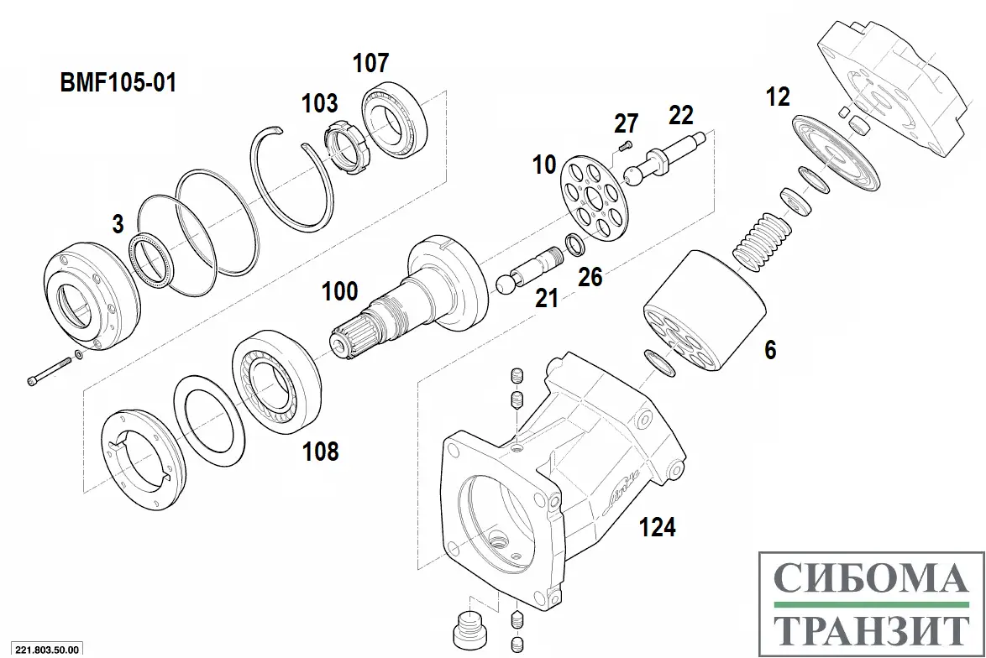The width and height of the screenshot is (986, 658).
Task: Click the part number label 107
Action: pos(370,63)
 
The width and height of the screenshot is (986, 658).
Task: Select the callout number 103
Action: pos(320,103)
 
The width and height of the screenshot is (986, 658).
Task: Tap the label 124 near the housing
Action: pos(657,527)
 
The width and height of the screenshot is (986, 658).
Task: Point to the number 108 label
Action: pos(321,452)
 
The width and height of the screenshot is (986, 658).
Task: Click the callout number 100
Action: pos(340,292)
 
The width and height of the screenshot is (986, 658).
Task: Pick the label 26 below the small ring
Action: pos(590,276)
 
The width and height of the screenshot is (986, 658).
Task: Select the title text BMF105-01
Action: pos(118,83)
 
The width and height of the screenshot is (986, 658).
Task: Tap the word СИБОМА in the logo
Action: pos(869,580)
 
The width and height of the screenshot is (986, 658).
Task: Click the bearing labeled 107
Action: pos(395,123)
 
